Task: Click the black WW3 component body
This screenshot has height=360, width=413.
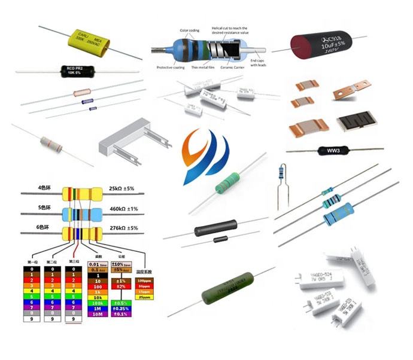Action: [x=331, y=150]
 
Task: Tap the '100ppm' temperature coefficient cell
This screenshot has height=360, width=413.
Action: [x=145, y=280]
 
